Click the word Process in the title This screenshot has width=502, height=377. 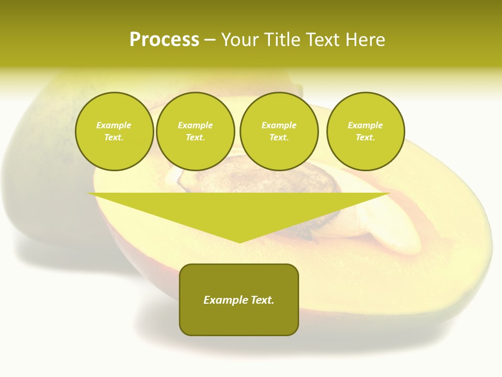pyautogui.click(x=164, y=40)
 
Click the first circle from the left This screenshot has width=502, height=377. pyautogui.click(x=114, y=131)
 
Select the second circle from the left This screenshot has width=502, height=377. pyautogui.click(x=195, y=131)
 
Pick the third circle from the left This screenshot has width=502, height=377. pyautogui.click(x=279, y=131)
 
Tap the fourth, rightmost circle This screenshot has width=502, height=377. pyautogui.click(x=365, y=131)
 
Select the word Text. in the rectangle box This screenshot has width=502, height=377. pyautogui.click(x=263, y=300)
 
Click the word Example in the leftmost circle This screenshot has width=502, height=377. pyautogui.click(x=114, y=125)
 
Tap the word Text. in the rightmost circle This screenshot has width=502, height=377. pyautogui.click(x=365, y=138)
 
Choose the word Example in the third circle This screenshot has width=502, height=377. pyautogui.click(x=279, y=125)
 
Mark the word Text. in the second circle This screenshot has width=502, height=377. pyautogui.click(x=195, y=138)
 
